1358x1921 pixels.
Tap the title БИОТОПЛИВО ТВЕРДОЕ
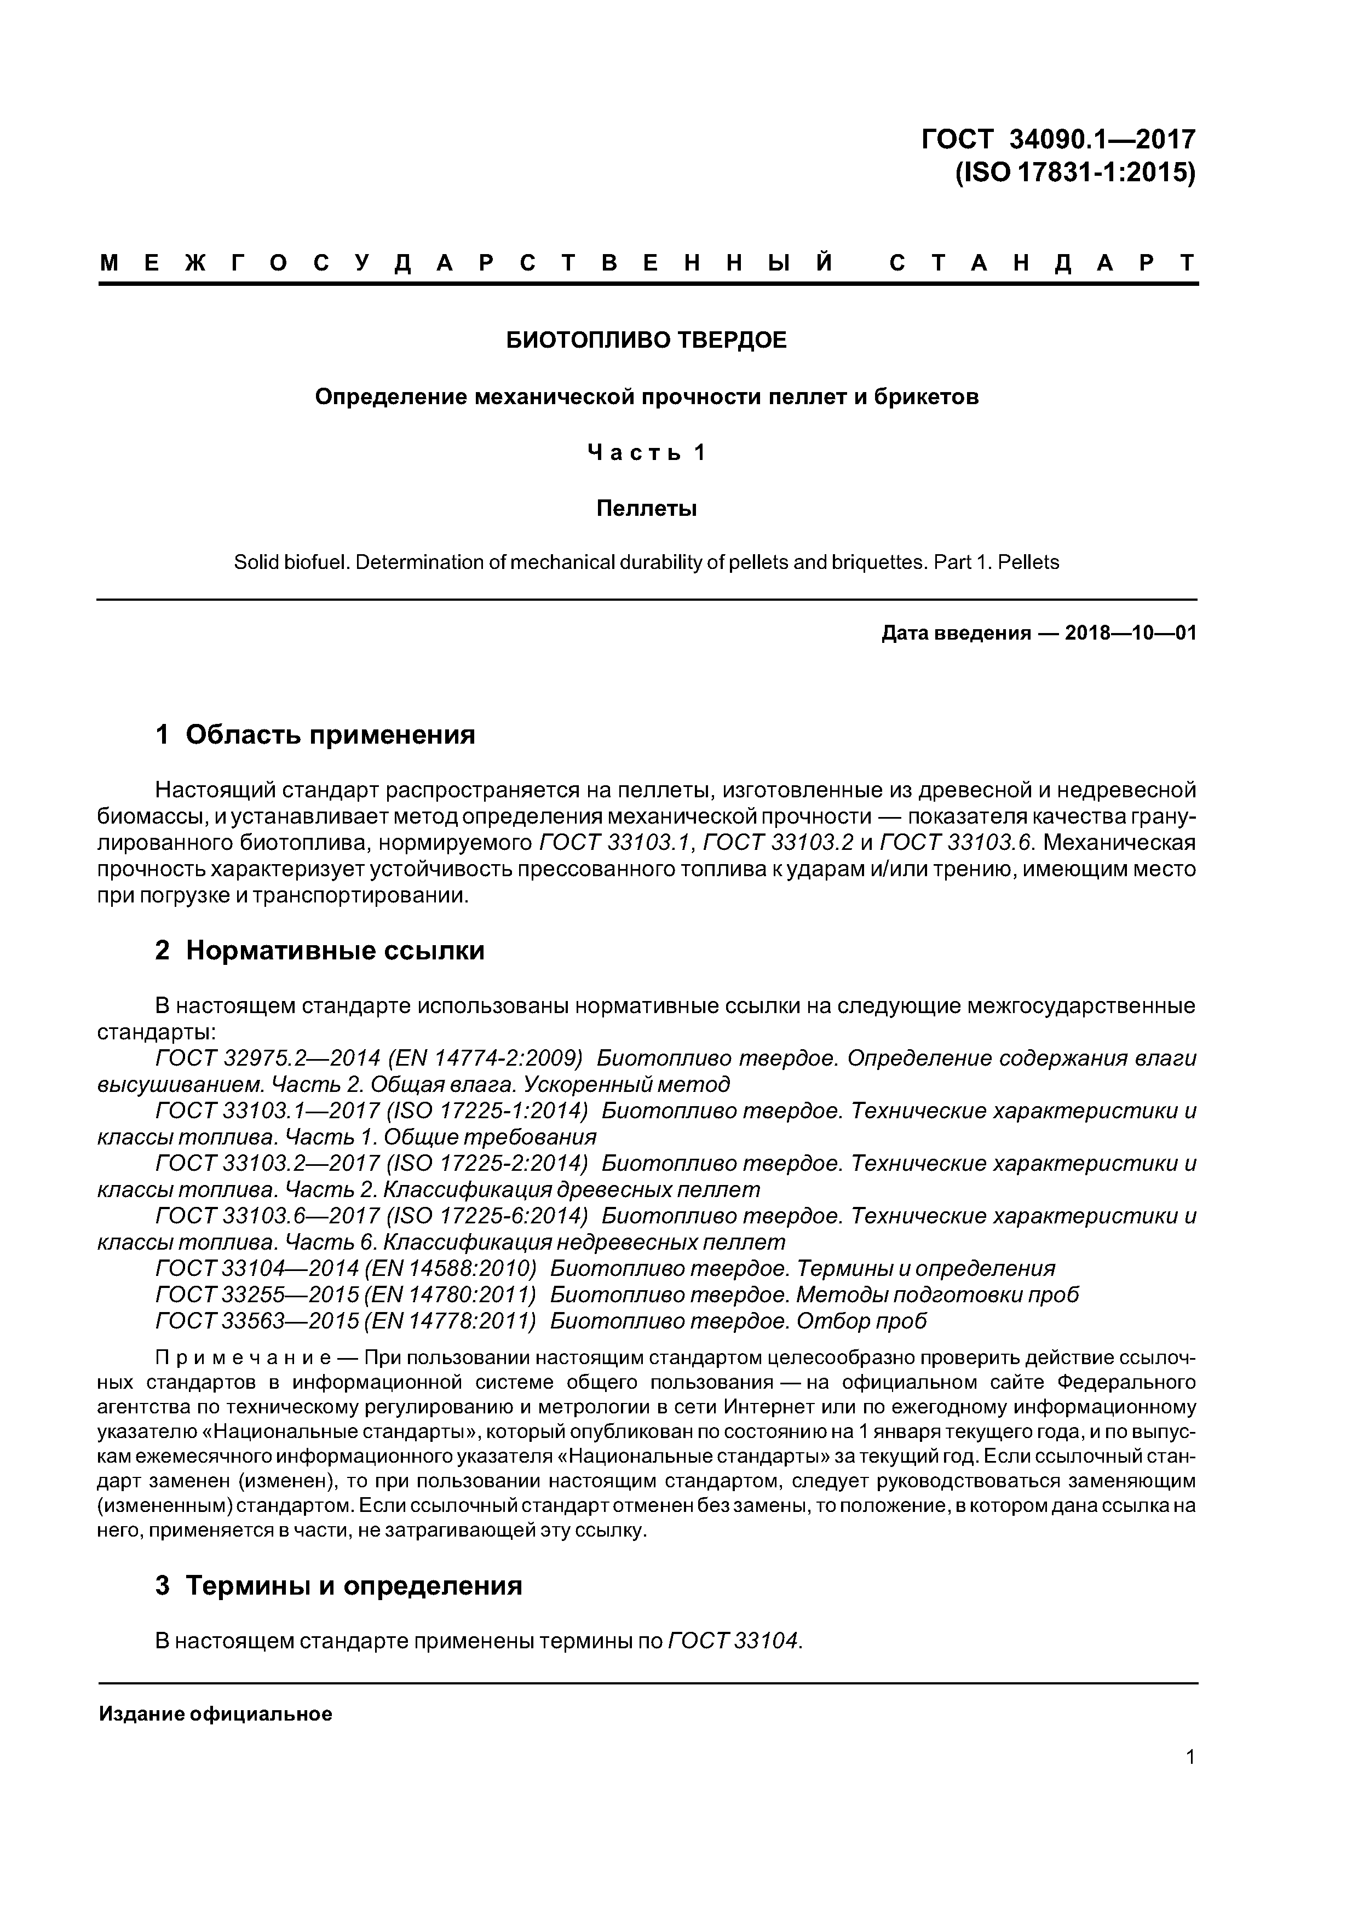tap(646, 341)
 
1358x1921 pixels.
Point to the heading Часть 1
tap(646, 453)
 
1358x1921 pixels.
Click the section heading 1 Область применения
tap(315, 734)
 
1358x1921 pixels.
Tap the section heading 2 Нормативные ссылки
tap(320, 951)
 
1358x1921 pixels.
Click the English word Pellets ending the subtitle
tap(1028, 562)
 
